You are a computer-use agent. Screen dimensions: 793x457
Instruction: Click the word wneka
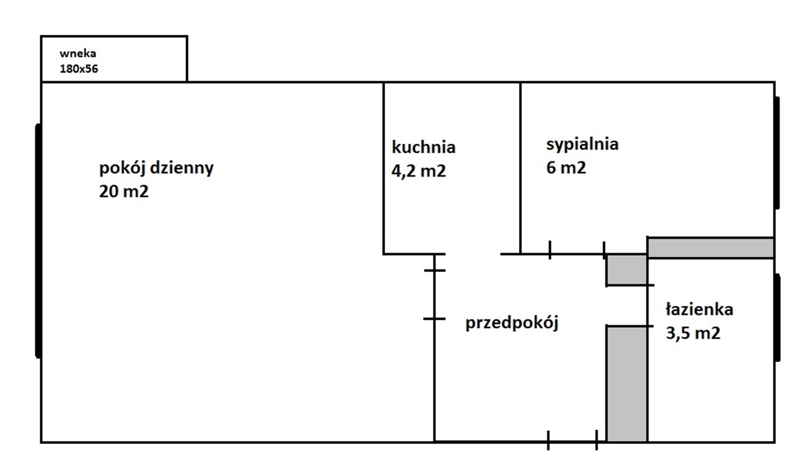[x=78, y=54]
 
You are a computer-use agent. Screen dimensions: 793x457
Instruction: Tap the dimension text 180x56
[x=79, y=69]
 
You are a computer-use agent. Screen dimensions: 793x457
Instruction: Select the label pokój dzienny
[x=157, y=168]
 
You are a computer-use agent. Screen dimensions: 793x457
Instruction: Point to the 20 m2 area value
[x=123, y=191]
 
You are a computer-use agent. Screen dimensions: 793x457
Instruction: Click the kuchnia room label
[x=424, y=147]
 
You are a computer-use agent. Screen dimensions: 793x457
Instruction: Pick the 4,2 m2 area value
[x=418, y=171]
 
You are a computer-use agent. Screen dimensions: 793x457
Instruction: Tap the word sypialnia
[x=582, y=144]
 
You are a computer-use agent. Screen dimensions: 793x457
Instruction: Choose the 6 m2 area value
[x=566, y=168]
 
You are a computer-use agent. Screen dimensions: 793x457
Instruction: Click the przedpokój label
[x=512, y=323]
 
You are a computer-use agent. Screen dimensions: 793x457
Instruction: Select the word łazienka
[x=699, y=309]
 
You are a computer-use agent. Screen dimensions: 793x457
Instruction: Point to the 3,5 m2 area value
[x=693, y=333]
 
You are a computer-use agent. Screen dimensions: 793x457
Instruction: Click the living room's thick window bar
[x=38, y=241]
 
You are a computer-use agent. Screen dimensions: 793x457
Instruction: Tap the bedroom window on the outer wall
[x=777, y=153]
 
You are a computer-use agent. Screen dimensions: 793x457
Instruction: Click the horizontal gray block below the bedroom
[x=711, y=248]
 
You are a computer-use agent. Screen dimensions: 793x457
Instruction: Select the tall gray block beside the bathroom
[x=627, y=384]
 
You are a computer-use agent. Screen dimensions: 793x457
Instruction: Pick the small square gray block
[x=627, y=269]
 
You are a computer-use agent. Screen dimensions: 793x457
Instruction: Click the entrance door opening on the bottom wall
[x=572, y=441]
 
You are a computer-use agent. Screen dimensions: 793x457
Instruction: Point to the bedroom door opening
[x=577, y=253]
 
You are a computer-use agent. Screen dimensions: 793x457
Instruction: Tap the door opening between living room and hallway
[x=434, y=294]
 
